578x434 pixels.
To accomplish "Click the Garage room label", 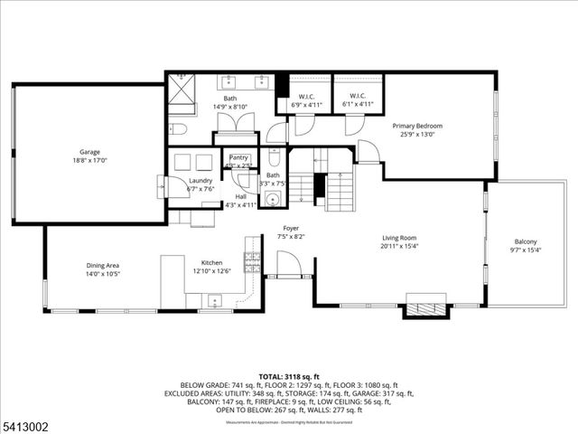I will [x=89, y=152].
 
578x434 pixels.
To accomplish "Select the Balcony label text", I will [x=526, y=241].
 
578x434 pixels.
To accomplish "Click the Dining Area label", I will [x=103, y=265].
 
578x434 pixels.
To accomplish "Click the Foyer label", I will [x=290, y=229].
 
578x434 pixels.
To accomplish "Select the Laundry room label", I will [x=200, y=181].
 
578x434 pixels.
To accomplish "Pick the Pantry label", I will [x=238, y=157].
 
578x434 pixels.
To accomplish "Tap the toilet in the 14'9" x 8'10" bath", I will [x=178, y=127].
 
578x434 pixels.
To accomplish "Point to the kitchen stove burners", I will [x=253, y=262].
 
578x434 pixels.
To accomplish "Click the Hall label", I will [x=240, y=197].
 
